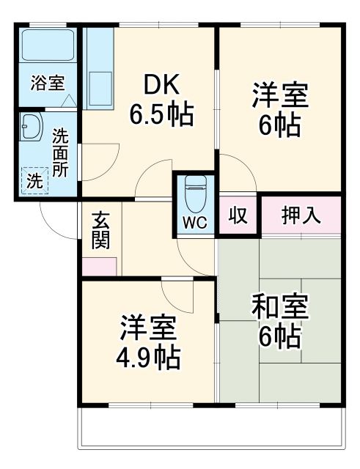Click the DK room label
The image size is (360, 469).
pos(161,86)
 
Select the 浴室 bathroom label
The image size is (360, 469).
pos(47,83)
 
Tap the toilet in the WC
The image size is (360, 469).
pos(195,193)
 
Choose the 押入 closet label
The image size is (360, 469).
pos(301,215)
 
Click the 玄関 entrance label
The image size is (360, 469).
pos(101,231)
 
